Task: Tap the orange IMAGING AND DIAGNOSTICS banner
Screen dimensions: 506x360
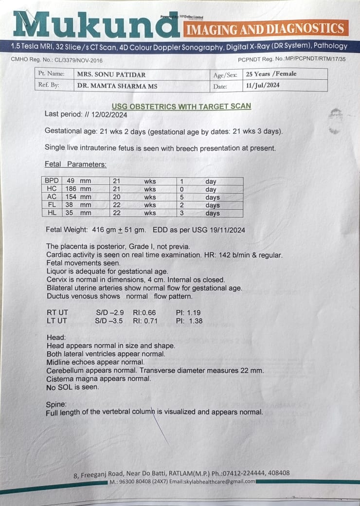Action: click(266, 29)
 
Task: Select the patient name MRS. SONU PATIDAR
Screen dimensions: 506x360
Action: click(111, 74)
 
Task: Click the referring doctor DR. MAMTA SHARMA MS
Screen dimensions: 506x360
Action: click(117, 86)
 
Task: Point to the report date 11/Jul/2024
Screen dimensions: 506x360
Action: click(263, 86)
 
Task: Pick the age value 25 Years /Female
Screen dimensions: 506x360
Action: click(271, 74)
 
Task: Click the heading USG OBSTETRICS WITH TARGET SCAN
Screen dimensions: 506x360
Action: click(181, 106)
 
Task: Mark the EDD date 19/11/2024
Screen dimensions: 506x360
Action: click(227, 230)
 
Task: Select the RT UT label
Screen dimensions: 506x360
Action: click(57, 313)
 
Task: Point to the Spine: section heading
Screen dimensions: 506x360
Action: click(56, 404)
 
